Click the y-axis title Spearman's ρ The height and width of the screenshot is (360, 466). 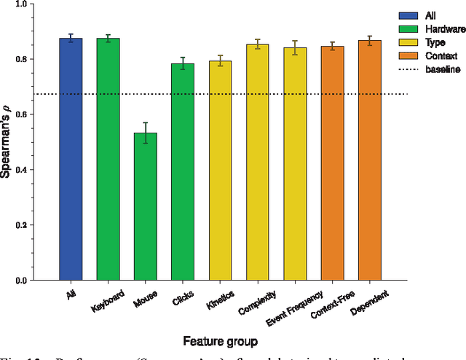pyautogui.click(x=12, y=142)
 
